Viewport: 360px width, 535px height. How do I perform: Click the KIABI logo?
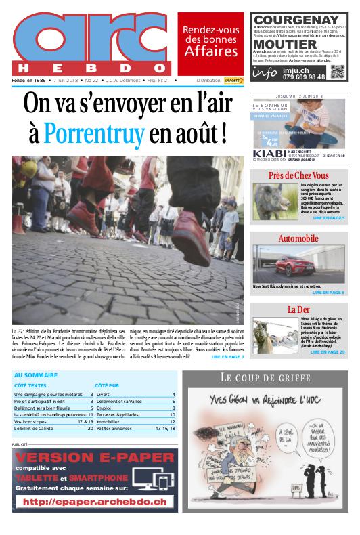269,154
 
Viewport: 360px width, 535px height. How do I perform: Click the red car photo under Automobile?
297,263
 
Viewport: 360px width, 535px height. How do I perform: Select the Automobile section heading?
298,239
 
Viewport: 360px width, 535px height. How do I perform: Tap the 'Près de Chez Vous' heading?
298,176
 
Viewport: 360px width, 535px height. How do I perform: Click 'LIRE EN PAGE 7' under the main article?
228,356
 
